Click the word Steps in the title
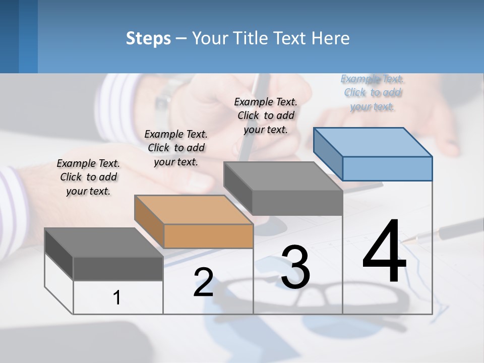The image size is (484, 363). click(x=148, y=38)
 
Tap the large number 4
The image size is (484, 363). click(x=384, y=252)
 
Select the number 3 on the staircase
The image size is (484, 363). click(x=295, y=268)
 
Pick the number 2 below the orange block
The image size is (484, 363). click(x=203, y=282)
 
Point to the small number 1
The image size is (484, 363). click(x=117, y=298)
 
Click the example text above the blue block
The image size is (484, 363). click(x=373, y=92)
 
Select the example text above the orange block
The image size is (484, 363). click(x=176, y=148)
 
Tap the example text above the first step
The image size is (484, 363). click(x=88, y=177)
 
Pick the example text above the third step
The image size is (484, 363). click(x=266, y=115)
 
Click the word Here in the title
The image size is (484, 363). click(x=330, y=38)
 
